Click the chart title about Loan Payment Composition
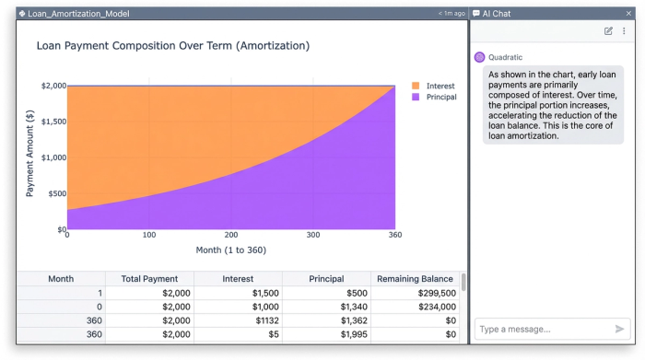pyautogui.click(x=172, y=45)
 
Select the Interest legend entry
pyautogui.click(x=440, y=86)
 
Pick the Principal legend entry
pyautogui.click(x=441, y=97)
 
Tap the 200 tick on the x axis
pyautogui.click(x=231, y=236)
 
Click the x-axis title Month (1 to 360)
pyautogui.click(x=231, y=250)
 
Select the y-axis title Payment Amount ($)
pyautogui.click(x=30, y=157)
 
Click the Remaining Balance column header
pyautogui.click(x=414, y=278)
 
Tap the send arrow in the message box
pyautogui.click(x=619, y=329)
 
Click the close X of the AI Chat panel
pyautogui.click(x=628, y=14)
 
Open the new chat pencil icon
pyautogui.click(x=608, y=31)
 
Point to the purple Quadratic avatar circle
pyautogui.click(x=479, y=57)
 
